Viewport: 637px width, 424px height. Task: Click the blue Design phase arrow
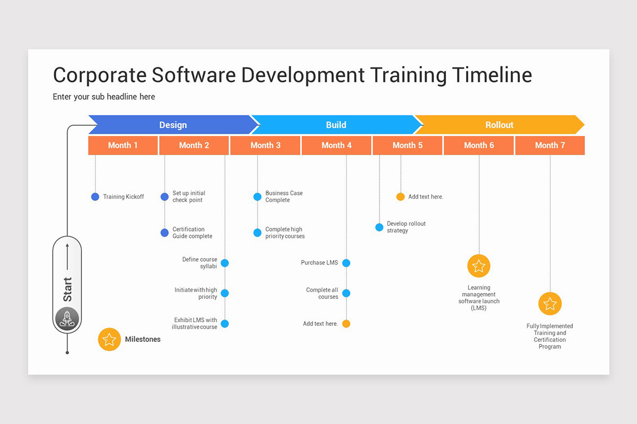pyautogui.click(x=173, y=125)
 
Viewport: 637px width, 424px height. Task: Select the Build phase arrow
pyautogui.click(x=335, y=125)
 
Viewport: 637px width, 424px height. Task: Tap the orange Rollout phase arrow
pyautogui.click(x=499, y=125)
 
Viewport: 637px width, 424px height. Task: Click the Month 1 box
pyautogui.click(x=123, y=145)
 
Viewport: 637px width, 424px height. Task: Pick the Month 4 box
pyautogui.click(x=337, y=145)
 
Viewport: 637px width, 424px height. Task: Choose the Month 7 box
pyautogui.click(x=550, y=145)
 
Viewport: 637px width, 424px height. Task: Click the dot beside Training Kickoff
pyautogui.click(x=95, y=197)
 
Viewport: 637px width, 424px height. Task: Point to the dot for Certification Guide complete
pyautogui.click(x=165, y=233)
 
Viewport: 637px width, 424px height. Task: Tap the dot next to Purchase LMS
pyautogui.click(x=347, y=263)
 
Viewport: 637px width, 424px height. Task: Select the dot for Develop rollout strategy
pyautogui.click(x=379, y=227)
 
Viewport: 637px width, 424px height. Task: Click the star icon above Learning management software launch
pyautogui.click(x=479, y=266)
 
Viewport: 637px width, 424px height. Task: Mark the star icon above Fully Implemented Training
pyautogui.click(x=550, y=304)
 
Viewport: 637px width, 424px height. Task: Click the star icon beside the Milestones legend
pyautogui.click(x=109, y=339)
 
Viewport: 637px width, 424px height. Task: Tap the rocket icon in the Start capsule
pyautogui.click(x=67, y=319)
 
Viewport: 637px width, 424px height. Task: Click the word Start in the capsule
pyautogui.click(x=67, y=289)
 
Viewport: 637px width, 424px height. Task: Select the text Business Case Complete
pyautogui.click(x=284, y=197)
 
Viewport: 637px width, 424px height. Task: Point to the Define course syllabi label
pyautogui.click(x=200, y=263)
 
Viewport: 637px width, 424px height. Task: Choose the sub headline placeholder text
pyautogui.click(x=104, y=97)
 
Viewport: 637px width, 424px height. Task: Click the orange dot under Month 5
pyautogui.click(x=401, y=197)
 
